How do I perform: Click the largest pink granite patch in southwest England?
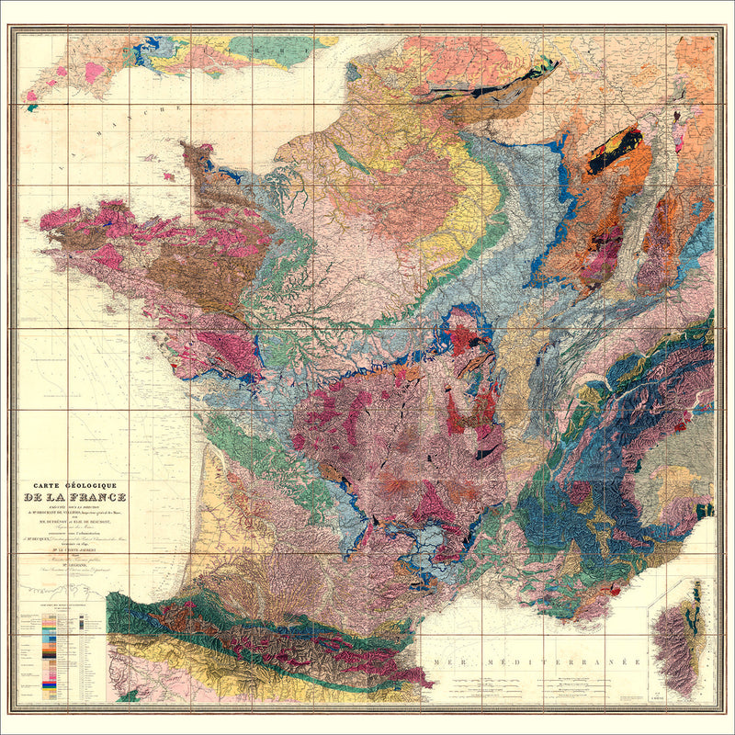pyautogui.click(x=94, y=71)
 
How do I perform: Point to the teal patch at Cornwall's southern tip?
pyautogui.click(x=32, y=107)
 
